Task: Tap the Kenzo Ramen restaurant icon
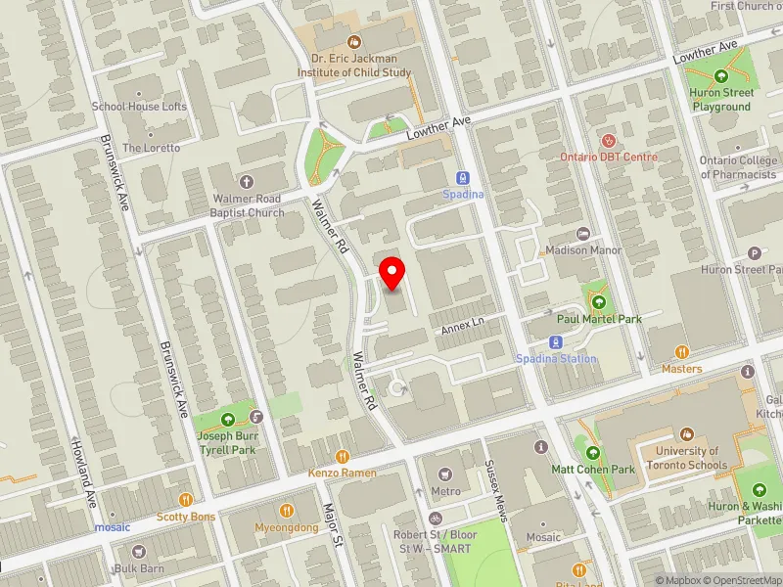click(343, 456)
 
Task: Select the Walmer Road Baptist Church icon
click(246, 182)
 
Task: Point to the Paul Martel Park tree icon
click(596, 301)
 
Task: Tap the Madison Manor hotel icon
click(584, 234)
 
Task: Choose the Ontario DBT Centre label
click(609, 157)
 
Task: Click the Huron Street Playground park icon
click(721, 76)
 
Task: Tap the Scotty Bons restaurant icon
click(185, 499)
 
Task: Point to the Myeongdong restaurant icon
click(287, 510)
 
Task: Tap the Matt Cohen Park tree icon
click(592, 452)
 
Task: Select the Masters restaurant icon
click(681, 352)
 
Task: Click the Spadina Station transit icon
click(557, 342)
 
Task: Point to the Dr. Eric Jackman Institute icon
click(353, 41)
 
